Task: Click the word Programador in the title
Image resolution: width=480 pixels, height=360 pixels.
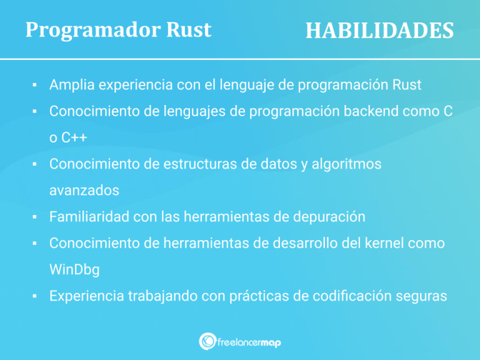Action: [92, 30]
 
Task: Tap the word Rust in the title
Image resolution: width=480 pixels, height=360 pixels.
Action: [189, 30]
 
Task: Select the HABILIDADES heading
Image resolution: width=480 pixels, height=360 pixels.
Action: [379, 30]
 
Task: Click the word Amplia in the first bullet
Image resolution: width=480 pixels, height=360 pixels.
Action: [72, 85]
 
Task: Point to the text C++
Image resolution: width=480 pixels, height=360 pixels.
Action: [74, 137]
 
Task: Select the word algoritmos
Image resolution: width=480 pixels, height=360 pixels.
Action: [346, 164]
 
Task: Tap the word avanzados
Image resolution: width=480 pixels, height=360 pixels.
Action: [84, 191]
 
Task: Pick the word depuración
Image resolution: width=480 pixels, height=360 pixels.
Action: [329, 217]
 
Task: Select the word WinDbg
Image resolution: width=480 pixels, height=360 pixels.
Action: [74, 270]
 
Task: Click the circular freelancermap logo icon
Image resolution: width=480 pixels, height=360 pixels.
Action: [207, 341]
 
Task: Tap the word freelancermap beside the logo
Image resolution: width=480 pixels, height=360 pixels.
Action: [249, 342]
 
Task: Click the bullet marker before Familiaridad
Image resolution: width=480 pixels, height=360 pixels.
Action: [34, 217]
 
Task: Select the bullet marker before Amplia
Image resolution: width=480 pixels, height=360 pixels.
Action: [34, 85]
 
